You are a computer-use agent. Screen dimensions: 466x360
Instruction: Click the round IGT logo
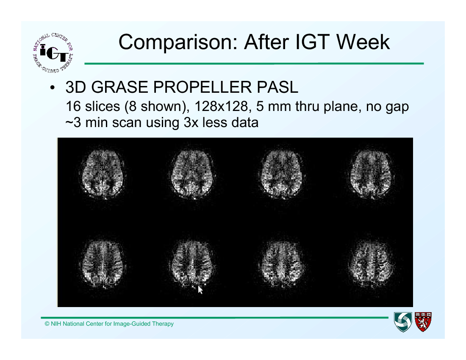(x=53, y=53)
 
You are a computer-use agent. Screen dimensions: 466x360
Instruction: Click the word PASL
(x=277, y=87)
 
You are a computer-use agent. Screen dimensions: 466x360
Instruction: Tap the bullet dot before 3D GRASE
(x=53, y=88)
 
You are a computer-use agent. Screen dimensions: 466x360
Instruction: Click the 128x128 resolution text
(x=222, y=106)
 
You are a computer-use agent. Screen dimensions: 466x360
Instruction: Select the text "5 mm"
(x=273, y=106)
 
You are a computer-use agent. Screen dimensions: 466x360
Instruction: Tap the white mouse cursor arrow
(x=200, y=290)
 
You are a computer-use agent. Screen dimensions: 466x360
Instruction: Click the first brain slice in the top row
(x=103, y=174)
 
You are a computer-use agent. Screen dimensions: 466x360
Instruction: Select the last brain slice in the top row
(x=372, y=174)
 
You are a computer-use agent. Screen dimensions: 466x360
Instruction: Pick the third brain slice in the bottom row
(x=282, y=264)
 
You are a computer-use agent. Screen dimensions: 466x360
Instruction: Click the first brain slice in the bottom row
(x=103, y=264)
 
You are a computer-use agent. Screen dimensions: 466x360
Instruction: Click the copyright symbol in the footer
(x=47, y=324)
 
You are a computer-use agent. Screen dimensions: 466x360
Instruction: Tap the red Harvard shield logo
(x=423, y=321)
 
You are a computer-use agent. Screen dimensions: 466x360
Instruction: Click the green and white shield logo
(x=403, y=322)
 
